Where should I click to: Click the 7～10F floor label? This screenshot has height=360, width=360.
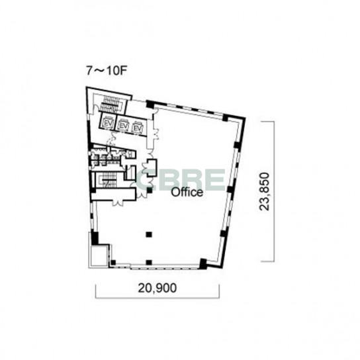click(107, 71)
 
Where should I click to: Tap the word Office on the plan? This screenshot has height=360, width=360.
click(187, 193)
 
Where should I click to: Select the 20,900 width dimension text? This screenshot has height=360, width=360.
click(157, 288)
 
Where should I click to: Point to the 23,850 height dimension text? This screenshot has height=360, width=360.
click(264, 191)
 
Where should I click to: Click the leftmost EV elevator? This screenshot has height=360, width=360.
click(108, 123)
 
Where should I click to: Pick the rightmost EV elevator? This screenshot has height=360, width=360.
click(138, 128)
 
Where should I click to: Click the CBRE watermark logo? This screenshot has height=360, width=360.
click(181, 180)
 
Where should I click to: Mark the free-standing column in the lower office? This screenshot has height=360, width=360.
click(149, 234)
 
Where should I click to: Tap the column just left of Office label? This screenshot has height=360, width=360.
click(150, 190)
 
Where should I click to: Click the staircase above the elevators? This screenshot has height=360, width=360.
click(112, 105)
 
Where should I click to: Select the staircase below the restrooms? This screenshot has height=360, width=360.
click(109, 180)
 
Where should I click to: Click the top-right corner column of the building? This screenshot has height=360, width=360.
click(226, 118)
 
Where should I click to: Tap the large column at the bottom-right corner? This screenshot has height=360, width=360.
click(203, 263)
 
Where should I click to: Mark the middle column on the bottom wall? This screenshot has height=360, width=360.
click(149, 262)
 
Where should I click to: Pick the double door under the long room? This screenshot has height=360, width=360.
click(118, 203)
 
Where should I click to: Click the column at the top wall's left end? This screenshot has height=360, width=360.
click(150, 105)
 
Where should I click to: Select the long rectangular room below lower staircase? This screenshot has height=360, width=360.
click(113, 195)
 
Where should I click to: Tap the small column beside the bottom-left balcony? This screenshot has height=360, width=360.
click(113, 263)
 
